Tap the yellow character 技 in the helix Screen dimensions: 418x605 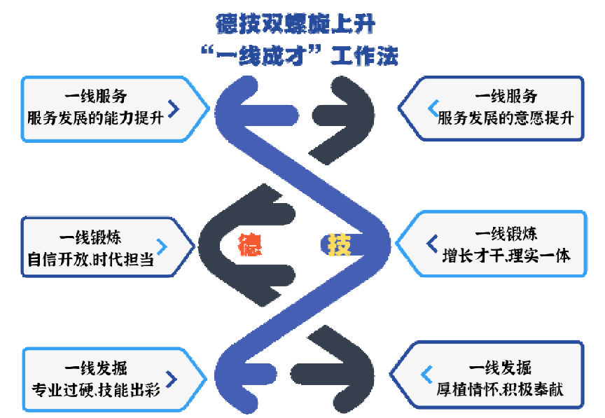[x=340, y=244]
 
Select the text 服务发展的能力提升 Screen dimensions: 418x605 [x=95, y=117]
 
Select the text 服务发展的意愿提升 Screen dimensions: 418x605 [x=506, y=117]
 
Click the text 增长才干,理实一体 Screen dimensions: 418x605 [x=506, y=255]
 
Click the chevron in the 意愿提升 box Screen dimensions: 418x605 [x=433, y=107]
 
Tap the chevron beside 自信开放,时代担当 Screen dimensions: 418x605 [x=162, y=246]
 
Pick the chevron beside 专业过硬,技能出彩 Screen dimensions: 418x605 [x=172, y=379]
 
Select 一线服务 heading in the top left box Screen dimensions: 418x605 [x=96, y=97]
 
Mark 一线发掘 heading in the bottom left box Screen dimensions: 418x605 [x=96, y=368]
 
